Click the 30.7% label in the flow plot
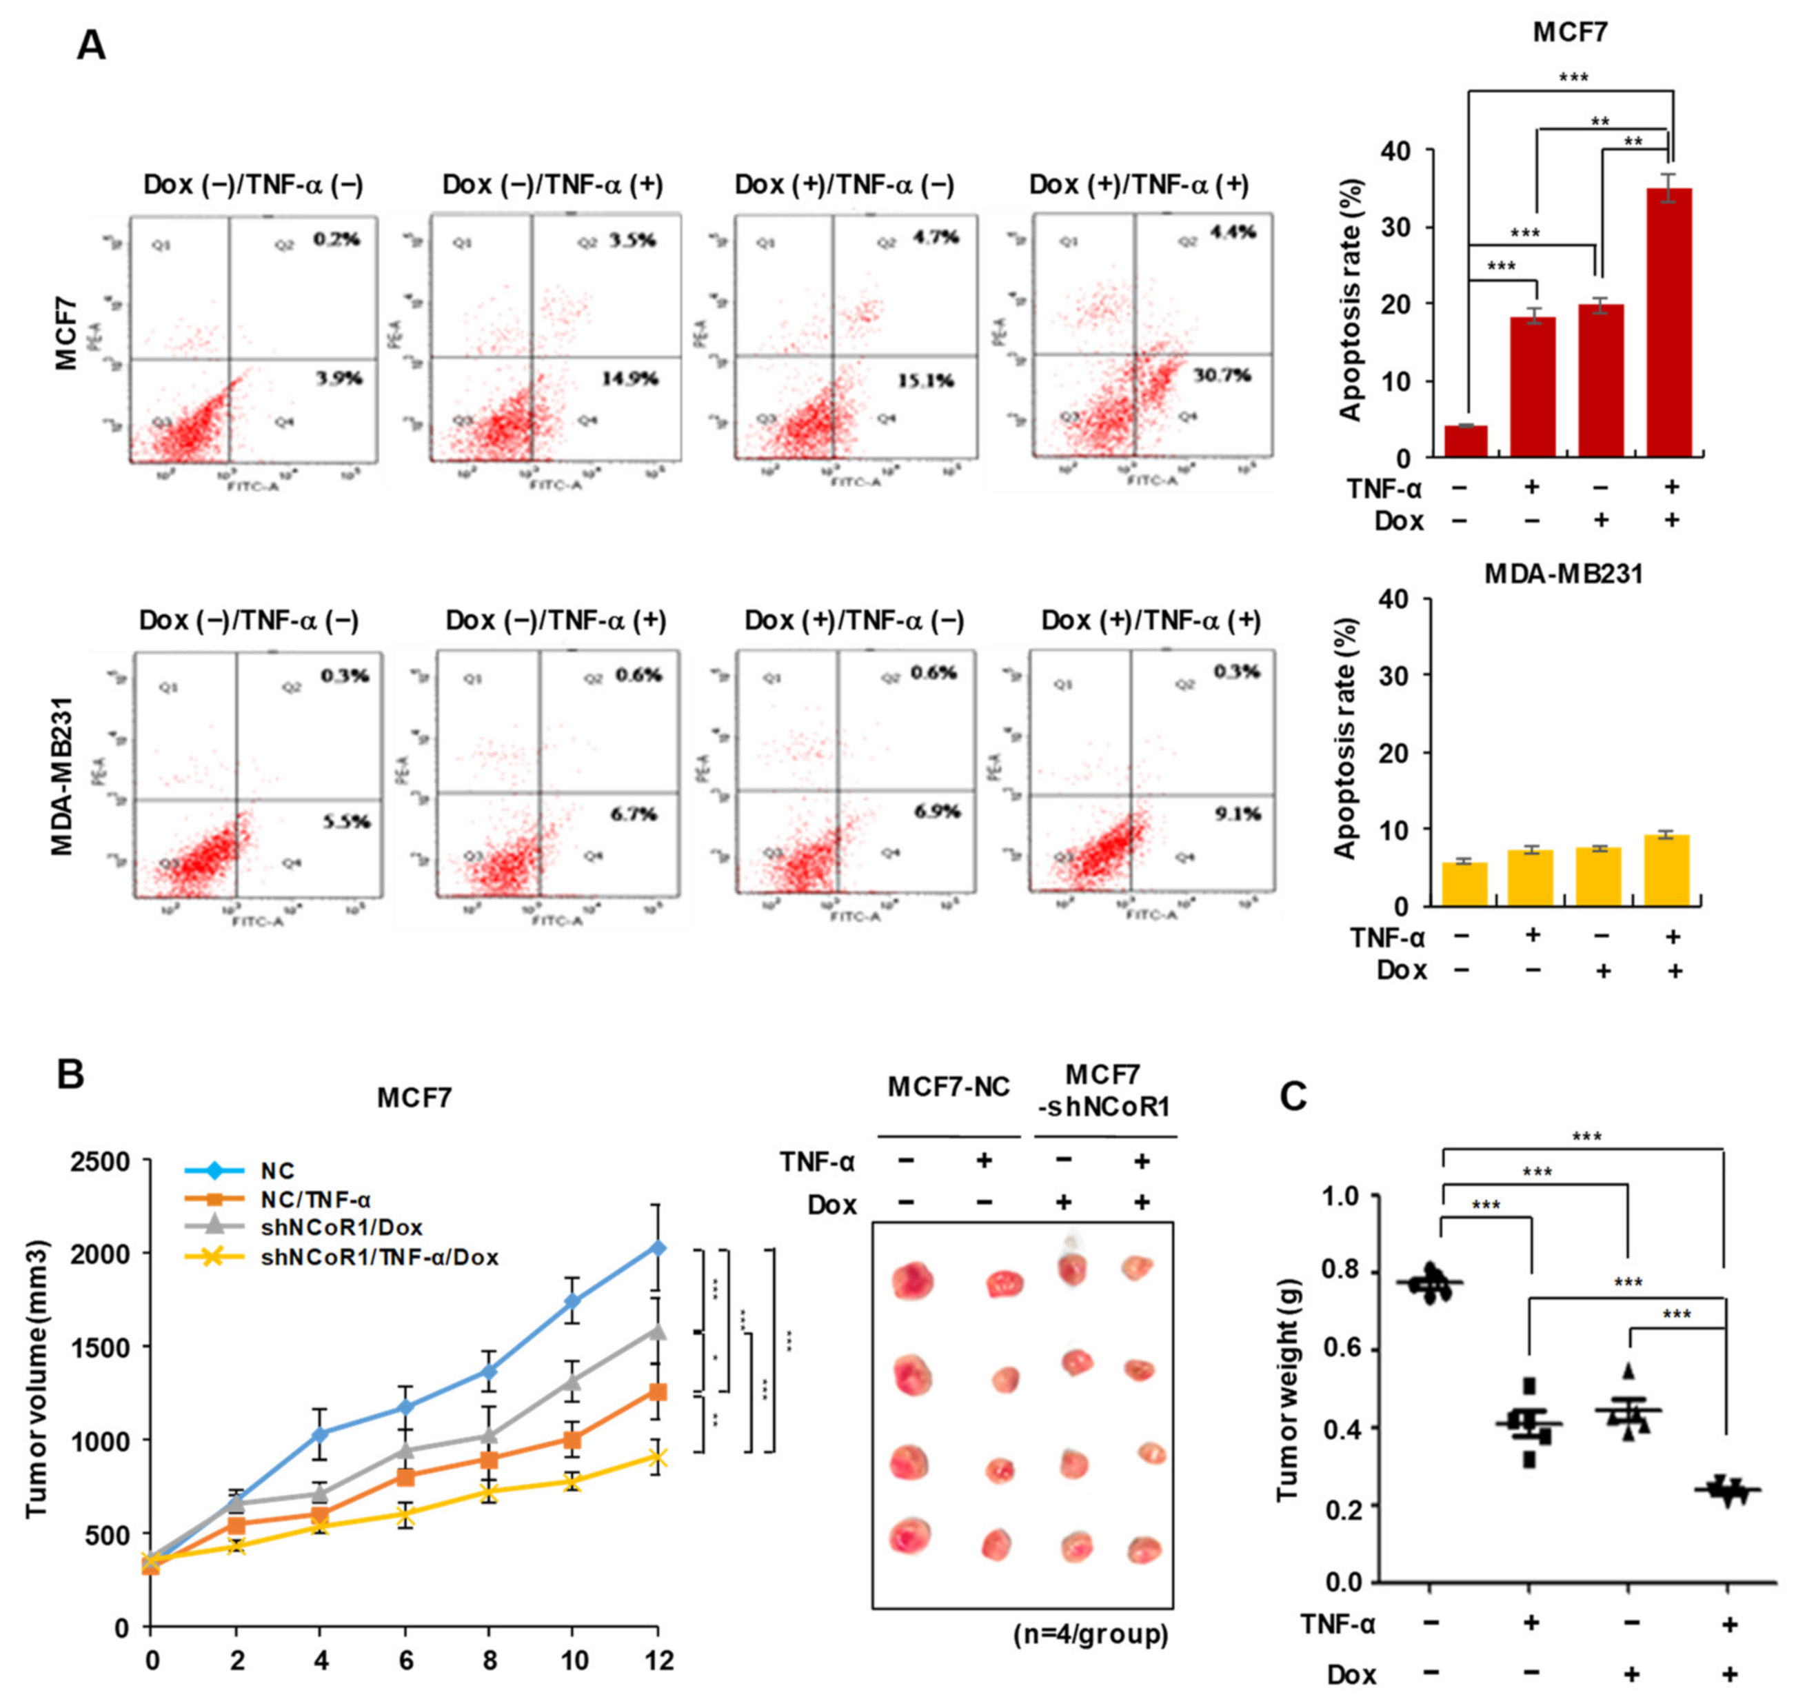[x=1222, y=375]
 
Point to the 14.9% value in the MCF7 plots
[x=629, y=379]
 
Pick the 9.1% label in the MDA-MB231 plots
[x=1237, y=814]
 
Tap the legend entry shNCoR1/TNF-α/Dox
[x=380, y=1257]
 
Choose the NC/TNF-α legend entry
[x=316, y=1200]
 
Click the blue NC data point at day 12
[x=656, y=1247]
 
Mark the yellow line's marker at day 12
[x=656, y=1458]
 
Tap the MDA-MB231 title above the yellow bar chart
[x=1564, y=574]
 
